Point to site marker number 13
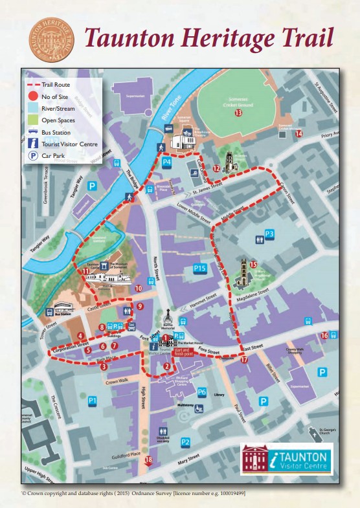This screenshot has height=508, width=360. coord(238,113)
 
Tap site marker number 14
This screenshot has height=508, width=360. coord(298,134)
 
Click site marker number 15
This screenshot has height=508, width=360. coord(253,264)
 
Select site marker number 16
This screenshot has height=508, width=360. coord(324,335)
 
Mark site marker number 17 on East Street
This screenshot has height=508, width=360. coord(244,359)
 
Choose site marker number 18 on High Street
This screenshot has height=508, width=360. coord(148,460)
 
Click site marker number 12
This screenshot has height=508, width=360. coord(217,169)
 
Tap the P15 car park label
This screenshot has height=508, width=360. coord(199,268)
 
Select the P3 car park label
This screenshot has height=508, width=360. coord(269,234)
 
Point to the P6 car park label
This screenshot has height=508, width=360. coord(201,392)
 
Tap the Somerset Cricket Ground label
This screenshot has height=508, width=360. coord(238,101)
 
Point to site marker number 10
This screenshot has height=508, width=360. coord(138,289)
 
